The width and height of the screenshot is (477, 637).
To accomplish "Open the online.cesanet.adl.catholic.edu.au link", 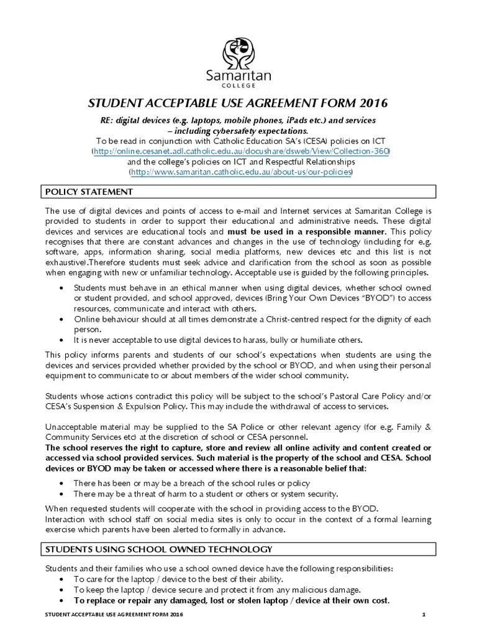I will (241, 151).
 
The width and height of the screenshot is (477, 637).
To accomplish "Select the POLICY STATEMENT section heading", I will (89, 190).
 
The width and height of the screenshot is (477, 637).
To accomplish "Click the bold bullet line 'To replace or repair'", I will (232, 600).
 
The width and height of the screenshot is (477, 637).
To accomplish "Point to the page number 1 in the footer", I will (422, 615).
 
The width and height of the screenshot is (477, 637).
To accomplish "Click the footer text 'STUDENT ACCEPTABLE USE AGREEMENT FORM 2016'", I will (114, 615).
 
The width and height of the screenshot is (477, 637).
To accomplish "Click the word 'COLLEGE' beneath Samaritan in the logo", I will (238, 86).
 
